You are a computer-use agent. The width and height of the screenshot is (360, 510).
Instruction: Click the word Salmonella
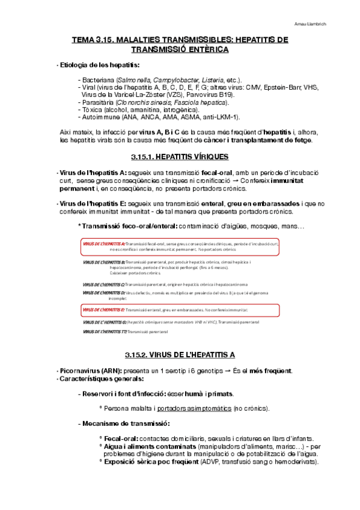pos(135,80)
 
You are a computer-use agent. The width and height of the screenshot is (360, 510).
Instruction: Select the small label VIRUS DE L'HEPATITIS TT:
pos(105,331)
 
